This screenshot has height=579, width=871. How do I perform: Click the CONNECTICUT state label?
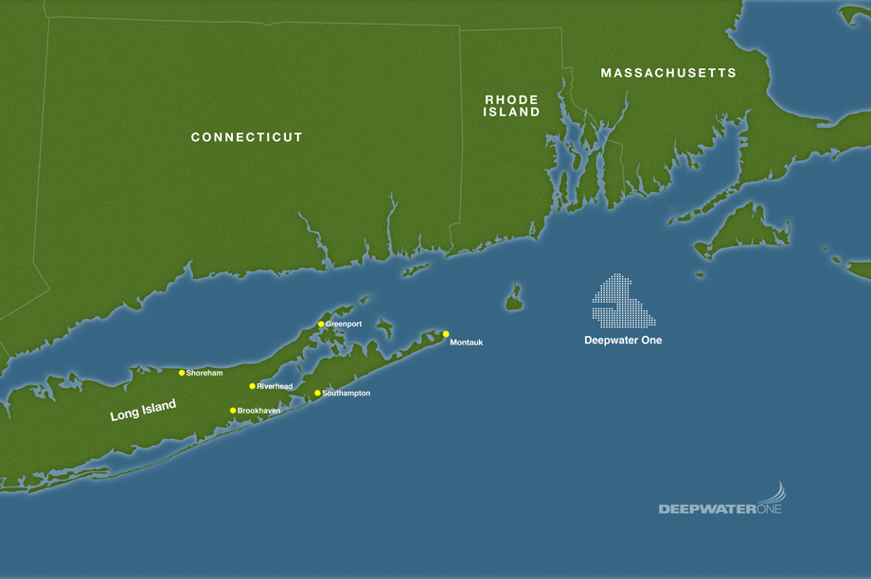[246, 137]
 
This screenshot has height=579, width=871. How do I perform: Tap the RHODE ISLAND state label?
[511, 105]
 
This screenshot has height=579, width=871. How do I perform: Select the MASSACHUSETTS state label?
[667, 73]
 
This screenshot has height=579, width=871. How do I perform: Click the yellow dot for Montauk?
[445, 334]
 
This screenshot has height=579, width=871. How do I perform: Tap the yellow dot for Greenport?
[321, 324]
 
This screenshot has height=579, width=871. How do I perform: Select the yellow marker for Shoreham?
[182, 373]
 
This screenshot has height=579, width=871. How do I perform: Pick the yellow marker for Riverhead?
[252, 386]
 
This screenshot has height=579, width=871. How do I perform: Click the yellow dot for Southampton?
[317, 393]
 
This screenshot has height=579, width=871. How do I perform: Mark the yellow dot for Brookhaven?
[233, 411]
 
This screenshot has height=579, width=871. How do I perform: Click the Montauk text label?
[467, 342]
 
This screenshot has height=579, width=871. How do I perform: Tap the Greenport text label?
[344, 324]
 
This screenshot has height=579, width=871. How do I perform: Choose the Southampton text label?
[347, 393]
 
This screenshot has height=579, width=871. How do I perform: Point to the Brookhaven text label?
[259, 411]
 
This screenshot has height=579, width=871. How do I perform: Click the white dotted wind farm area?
[620, 301]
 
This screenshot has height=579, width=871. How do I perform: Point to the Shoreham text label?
[204, 373]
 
